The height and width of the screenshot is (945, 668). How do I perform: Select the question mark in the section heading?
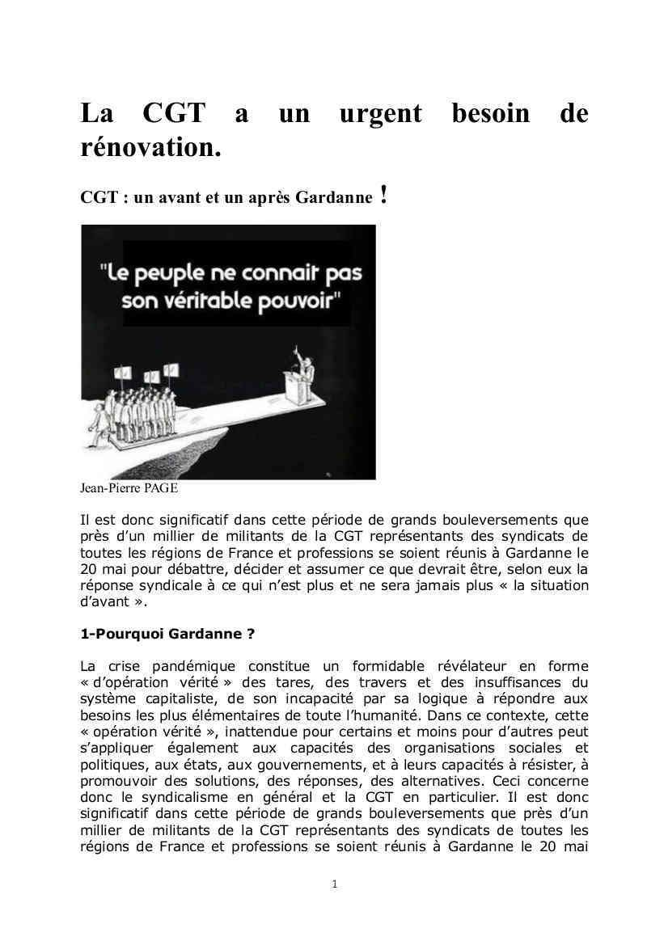pos(251,635)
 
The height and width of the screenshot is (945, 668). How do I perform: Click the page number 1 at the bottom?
pos(335,884)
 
